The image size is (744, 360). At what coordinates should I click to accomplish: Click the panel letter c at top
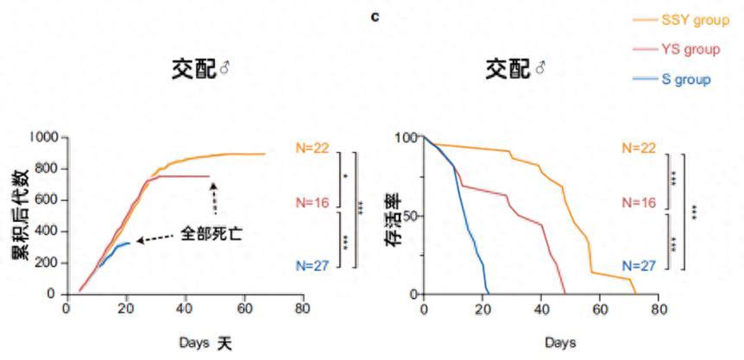375,16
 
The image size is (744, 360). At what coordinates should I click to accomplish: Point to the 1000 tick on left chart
41,137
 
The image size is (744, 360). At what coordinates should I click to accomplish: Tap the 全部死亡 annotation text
211,234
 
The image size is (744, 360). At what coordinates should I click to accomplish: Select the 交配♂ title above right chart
515,69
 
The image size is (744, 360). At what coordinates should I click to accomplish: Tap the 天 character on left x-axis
224,343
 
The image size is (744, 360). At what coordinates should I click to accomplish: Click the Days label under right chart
560,343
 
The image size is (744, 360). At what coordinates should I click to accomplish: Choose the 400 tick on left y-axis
45,231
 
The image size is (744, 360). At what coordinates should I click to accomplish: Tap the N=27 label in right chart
638,265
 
